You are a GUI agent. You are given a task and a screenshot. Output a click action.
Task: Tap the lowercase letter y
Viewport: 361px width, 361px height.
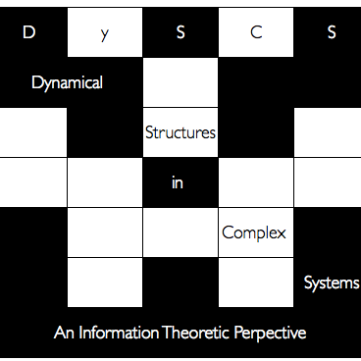click(x=104, y=33)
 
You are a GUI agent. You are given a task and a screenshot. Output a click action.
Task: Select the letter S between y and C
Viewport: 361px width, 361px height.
click(x=180, y=32)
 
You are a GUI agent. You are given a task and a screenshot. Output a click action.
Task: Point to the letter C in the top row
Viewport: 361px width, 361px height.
click(x=255, y=32)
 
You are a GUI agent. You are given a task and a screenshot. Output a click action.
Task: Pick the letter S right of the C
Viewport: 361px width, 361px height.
click(x=332, y=32)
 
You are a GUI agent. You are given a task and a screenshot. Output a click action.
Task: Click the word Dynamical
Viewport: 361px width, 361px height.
click(x=67, y=83)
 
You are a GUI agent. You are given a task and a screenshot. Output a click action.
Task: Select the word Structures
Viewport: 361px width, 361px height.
click(x=180, y=132)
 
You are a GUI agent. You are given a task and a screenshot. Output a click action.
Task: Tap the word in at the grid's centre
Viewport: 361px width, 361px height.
click(x=178, y=182)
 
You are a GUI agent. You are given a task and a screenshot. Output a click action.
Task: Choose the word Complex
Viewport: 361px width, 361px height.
click(x=254, y=233)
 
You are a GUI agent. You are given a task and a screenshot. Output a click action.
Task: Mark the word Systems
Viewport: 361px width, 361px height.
click(x=331, y=284)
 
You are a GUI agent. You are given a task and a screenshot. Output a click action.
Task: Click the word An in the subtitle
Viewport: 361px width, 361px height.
click(x=64, y=334)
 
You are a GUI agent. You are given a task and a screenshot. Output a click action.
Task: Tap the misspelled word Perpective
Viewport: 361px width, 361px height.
click(x=270, y=334)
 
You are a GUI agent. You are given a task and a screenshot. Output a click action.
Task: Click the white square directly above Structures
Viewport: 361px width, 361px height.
click(x=180, y=82)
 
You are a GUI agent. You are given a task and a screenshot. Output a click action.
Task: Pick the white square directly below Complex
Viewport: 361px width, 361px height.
click(x=255, y=283)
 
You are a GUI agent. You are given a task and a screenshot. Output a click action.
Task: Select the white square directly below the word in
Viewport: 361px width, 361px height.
click(x=180, y=232)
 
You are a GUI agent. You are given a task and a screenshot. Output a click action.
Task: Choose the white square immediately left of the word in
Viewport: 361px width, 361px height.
click(x=104, y=182)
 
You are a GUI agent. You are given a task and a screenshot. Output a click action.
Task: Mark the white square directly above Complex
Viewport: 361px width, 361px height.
click(x=255, y=182)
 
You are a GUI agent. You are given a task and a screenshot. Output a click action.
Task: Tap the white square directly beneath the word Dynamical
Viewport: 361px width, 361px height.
click(x=32, y=132)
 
